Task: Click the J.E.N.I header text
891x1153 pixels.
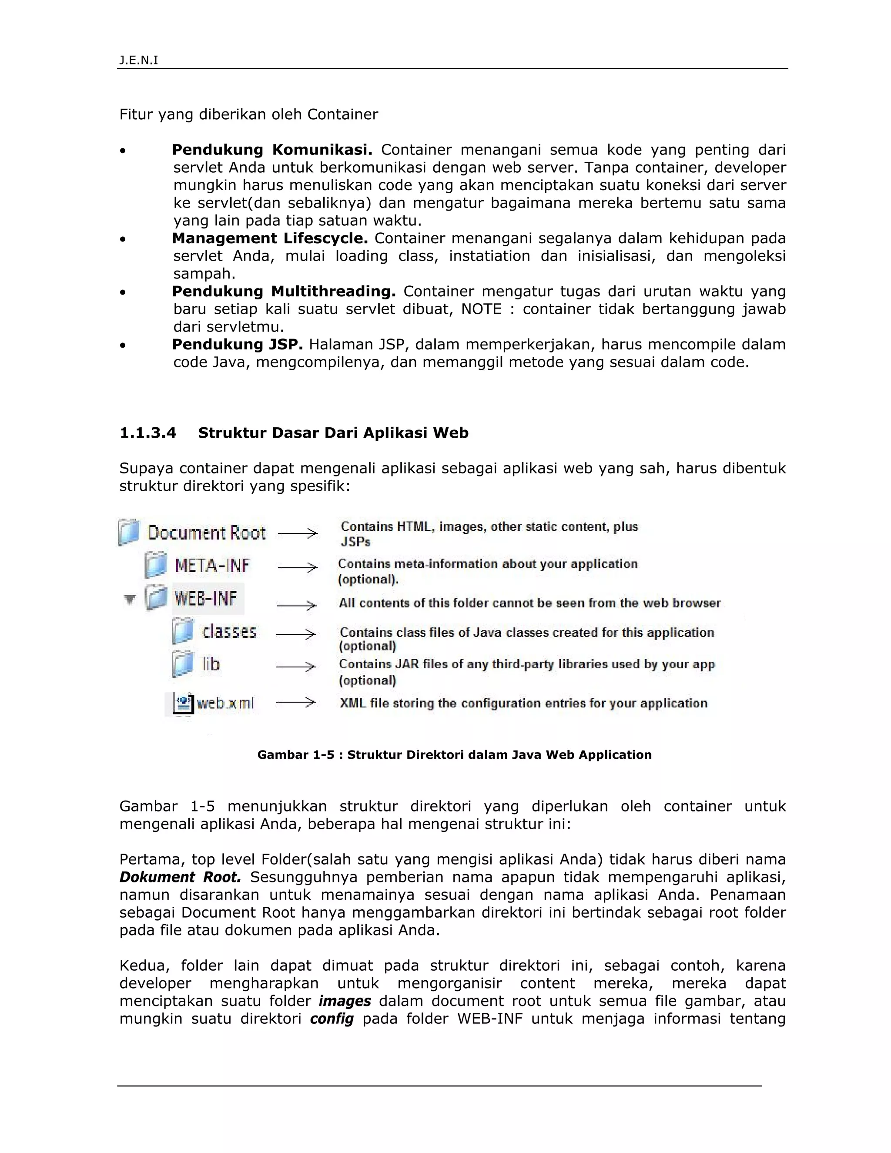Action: point(138,60)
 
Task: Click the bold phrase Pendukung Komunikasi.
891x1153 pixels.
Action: point(272,150)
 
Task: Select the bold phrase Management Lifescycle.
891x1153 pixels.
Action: point(270,238)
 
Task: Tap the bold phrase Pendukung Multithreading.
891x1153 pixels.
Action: point(284,292)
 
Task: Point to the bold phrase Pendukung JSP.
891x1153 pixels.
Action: point(237,345)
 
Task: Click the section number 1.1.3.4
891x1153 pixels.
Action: point(148,433)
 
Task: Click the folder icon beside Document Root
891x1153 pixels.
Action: point(129,532)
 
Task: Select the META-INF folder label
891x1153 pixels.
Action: point(212,566)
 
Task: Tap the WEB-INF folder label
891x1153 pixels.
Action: point(206,599)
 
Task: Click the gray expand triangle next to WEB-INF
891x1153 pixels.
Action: point(129,599)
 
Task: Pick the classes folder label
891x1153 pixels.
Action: point(229,631)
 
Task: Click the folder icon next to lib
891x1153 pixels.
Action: point(183,664)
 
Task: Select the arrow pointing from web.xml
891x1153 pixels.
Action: point(296,702)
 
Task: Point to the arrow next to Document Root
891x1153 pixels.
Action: point(297,533)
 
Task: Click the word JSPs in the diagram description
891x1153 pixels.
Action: point(355,542)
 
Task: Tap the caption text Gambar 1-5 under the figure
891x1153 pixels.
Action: point(295,755)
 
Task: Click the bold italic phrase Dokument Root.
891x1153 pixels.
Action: point(180,878)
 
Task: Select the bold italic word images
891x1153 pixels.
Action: point(345,1001)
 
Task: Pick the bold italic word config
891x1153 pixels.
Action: point(332,1019)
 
